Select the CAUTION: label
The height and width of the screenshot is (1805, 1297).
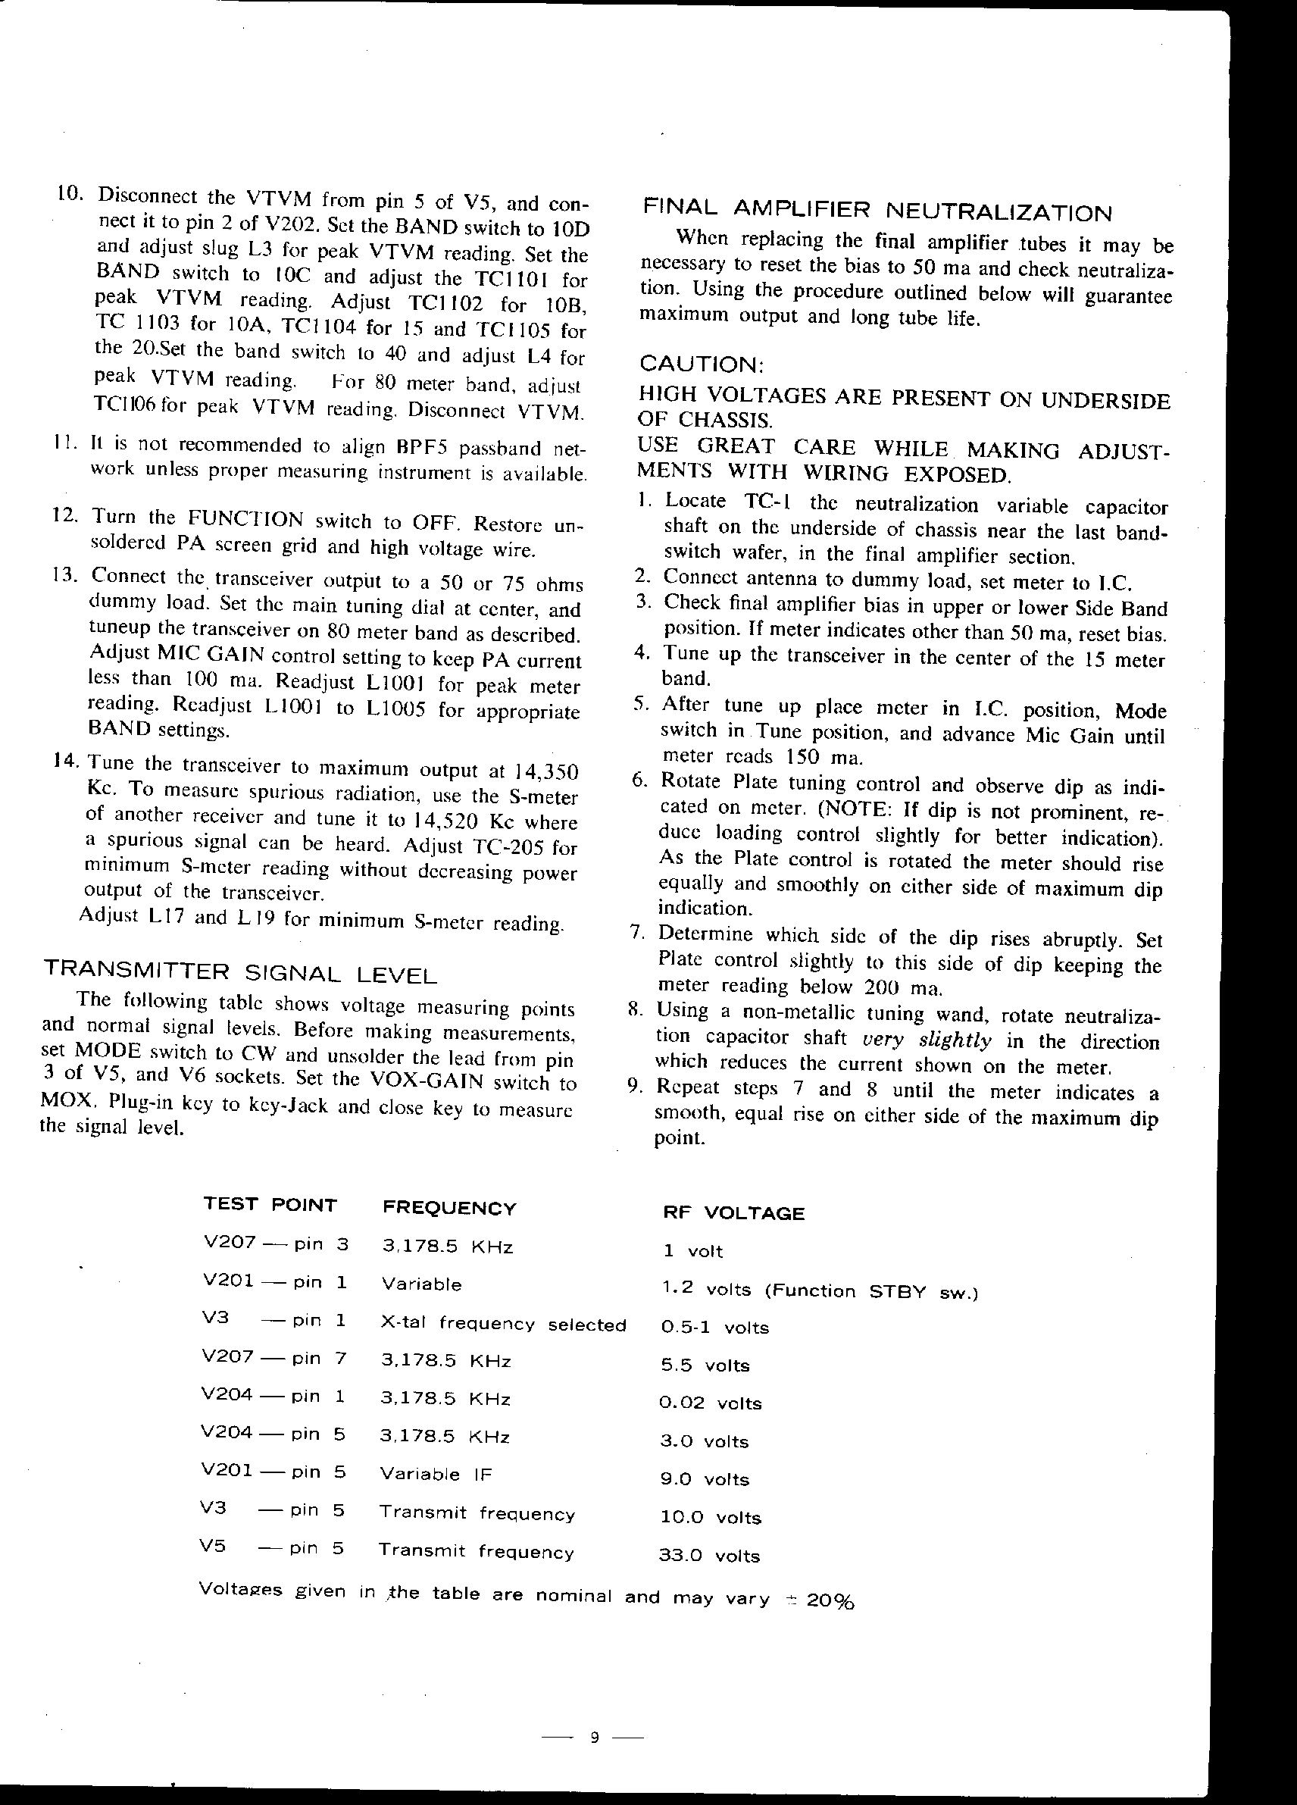point(701,364)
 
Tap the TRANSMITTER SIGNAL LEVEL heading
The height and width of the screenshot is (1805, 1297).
point(239,971)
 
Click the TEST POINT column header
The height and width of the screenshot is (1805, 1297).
point(270,1205)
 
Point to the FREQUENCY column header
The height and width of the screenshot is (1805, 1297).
point(449,1208)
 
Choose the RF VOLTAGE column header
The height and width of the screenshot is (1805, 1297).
point(733,1213)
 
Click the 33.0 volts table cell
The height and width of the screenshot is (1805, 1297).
point(710,1555)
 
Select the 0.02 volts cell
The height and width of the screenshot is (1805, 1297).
point(711,1403)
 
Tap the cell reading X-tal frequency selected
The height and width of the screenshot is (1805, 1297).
point(503,1325)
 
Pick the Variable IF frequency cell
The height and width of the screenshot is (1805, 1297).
point(436,1473)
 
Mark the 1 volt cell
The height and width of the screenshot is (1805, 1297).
point(693,1251)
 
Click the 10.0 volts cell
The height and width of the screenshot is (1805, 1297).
point(711,1517)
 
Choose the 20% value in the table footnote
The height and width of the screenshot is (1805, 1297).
point(831,1600)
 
